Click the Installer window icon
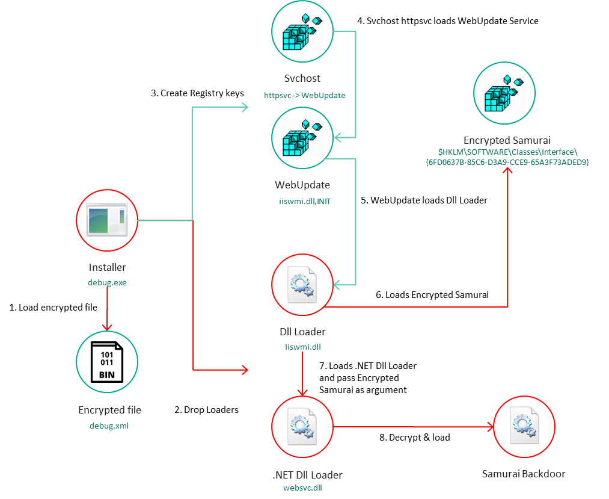tap(107, 220)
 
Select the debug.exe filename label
tap(107, 282)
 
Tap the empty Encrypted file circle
tap(107, 361)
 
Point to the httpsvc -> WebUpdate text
tap(304, 95)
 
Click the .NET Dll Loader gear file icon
tap(302, 426)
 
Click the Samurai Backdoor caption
tap(523, 474)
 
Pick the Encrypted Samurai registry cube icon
tap(504, 93)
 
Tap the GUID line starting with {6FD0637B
tap(507, 163)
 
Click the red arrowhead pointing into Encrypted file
tap(107, 327)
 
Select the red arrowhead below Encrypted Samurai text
tap(508, 172)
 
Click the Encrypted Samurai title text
tap(507, 140)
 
